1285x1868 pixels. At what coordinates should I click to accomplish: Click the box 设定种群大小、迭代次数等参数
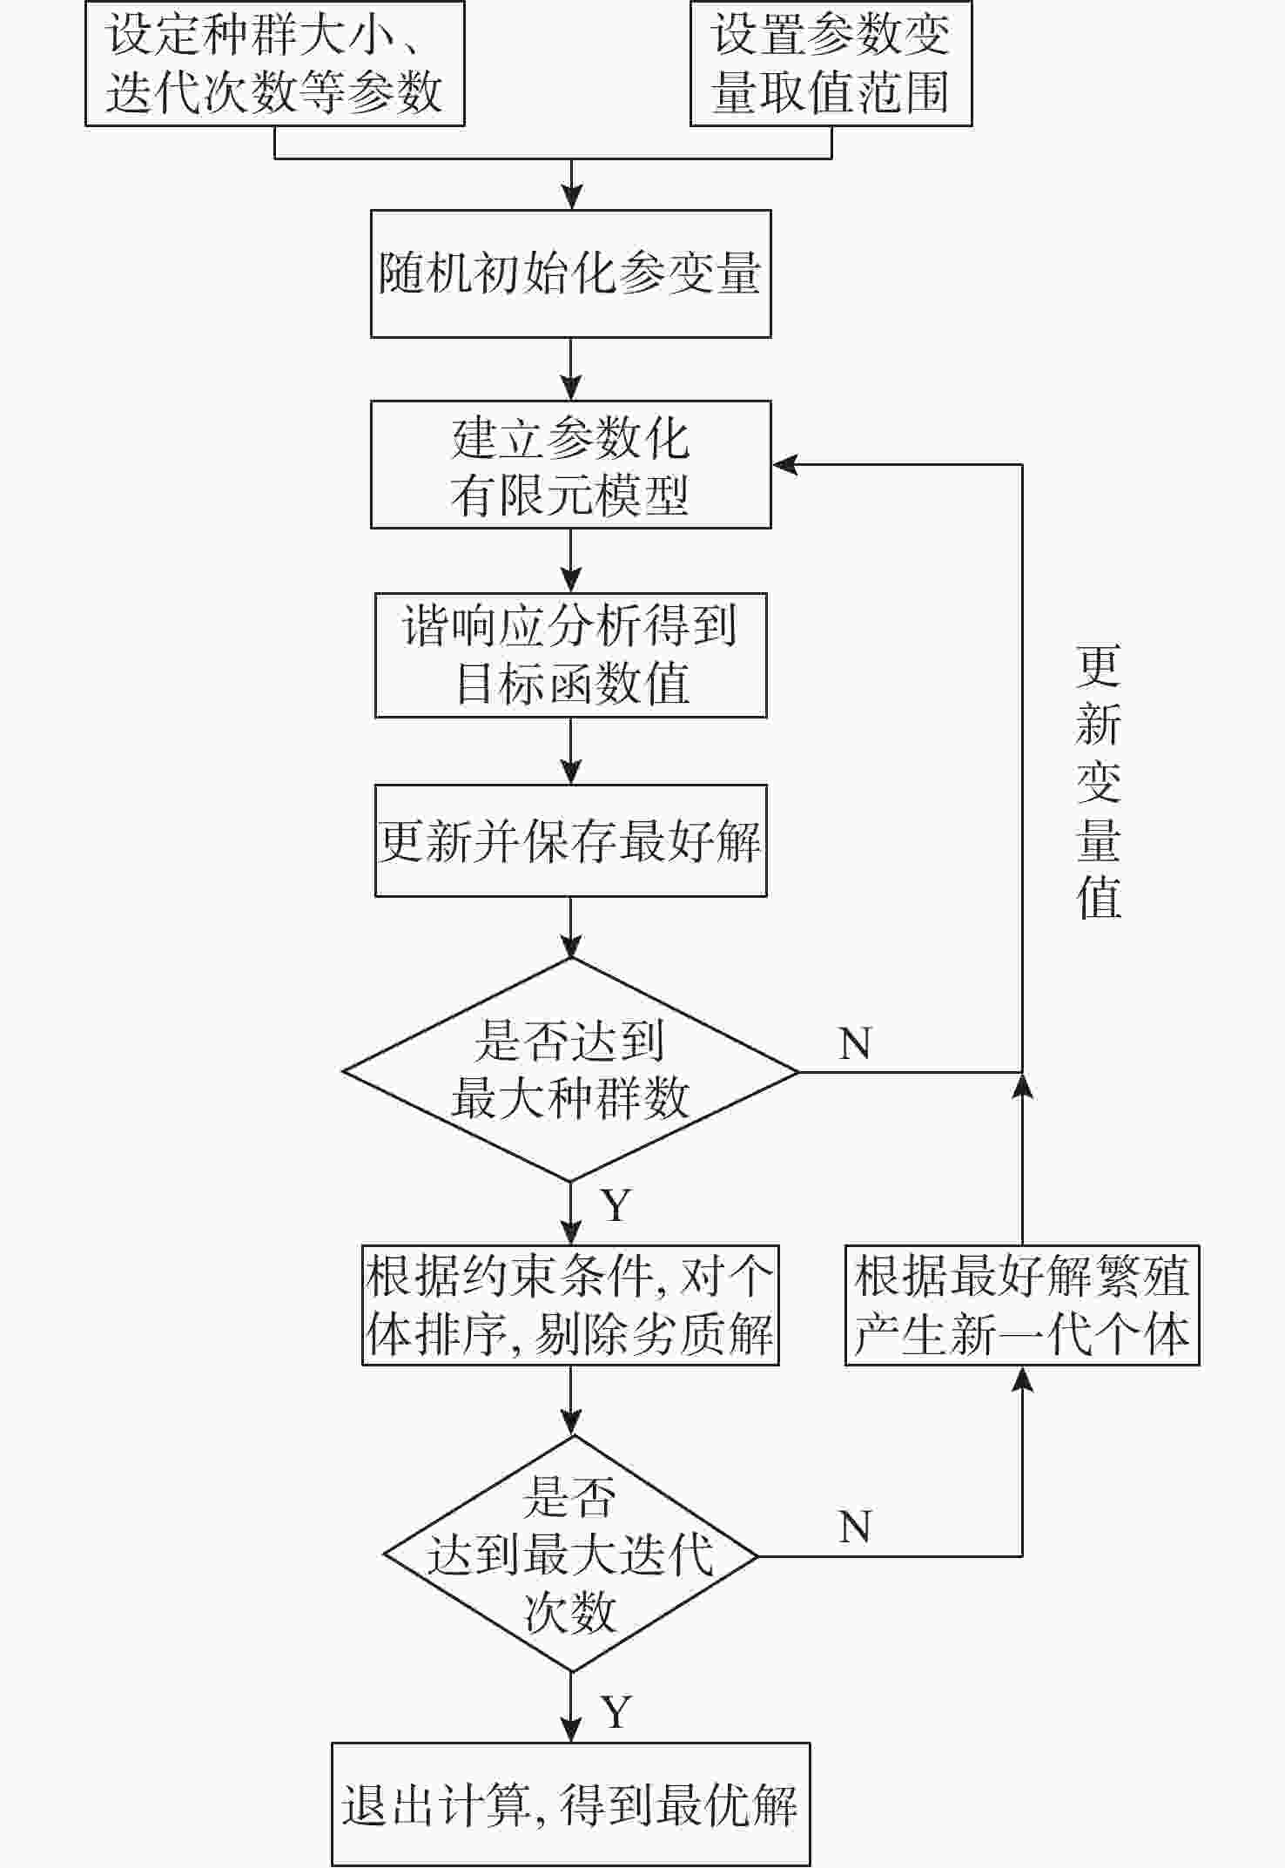coord(274,64)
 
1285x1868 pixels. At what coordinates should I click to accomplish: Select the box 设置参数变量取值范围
coord(831,64)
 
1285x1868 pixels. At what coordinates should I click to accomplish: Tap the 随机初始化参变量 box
coord(570,273)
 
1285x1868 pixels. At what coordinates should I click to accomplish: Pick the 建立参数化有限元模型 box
coord(570,464)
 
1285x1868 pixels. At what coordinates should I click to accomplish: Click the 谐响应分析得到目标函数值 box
coord(570,655)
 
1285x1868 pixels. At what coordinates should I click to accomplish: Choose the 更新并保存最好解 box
coord(570,840)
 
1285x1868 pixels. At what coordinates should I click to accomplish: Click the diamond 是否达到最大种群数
coord(570,1070)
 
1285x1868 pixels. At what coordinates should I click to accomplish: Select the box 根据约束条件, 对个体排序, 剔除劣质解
coord(570,1305)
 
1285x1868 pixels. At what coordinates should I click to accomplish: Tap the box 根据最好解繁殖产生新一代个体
coord(1022,1305)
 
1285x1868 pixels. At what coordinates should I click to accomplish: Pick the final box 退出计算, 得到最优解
coord(570,1804)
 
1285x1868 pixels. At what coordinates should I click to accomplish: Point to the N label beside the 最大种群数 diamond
coord(855,1043)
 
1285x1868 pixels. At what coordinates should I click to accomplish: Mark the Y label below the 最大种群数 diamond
coord(616,1206)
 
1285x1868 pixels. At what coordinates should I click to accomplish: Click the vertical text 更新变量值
coord(1098,781)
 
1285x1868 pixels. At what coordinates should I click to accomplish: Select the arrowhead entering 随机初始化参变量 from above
coord(571,198)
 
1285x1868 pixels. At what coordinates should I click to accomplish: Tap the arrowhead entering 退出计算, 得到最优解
coord(571,1730)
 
